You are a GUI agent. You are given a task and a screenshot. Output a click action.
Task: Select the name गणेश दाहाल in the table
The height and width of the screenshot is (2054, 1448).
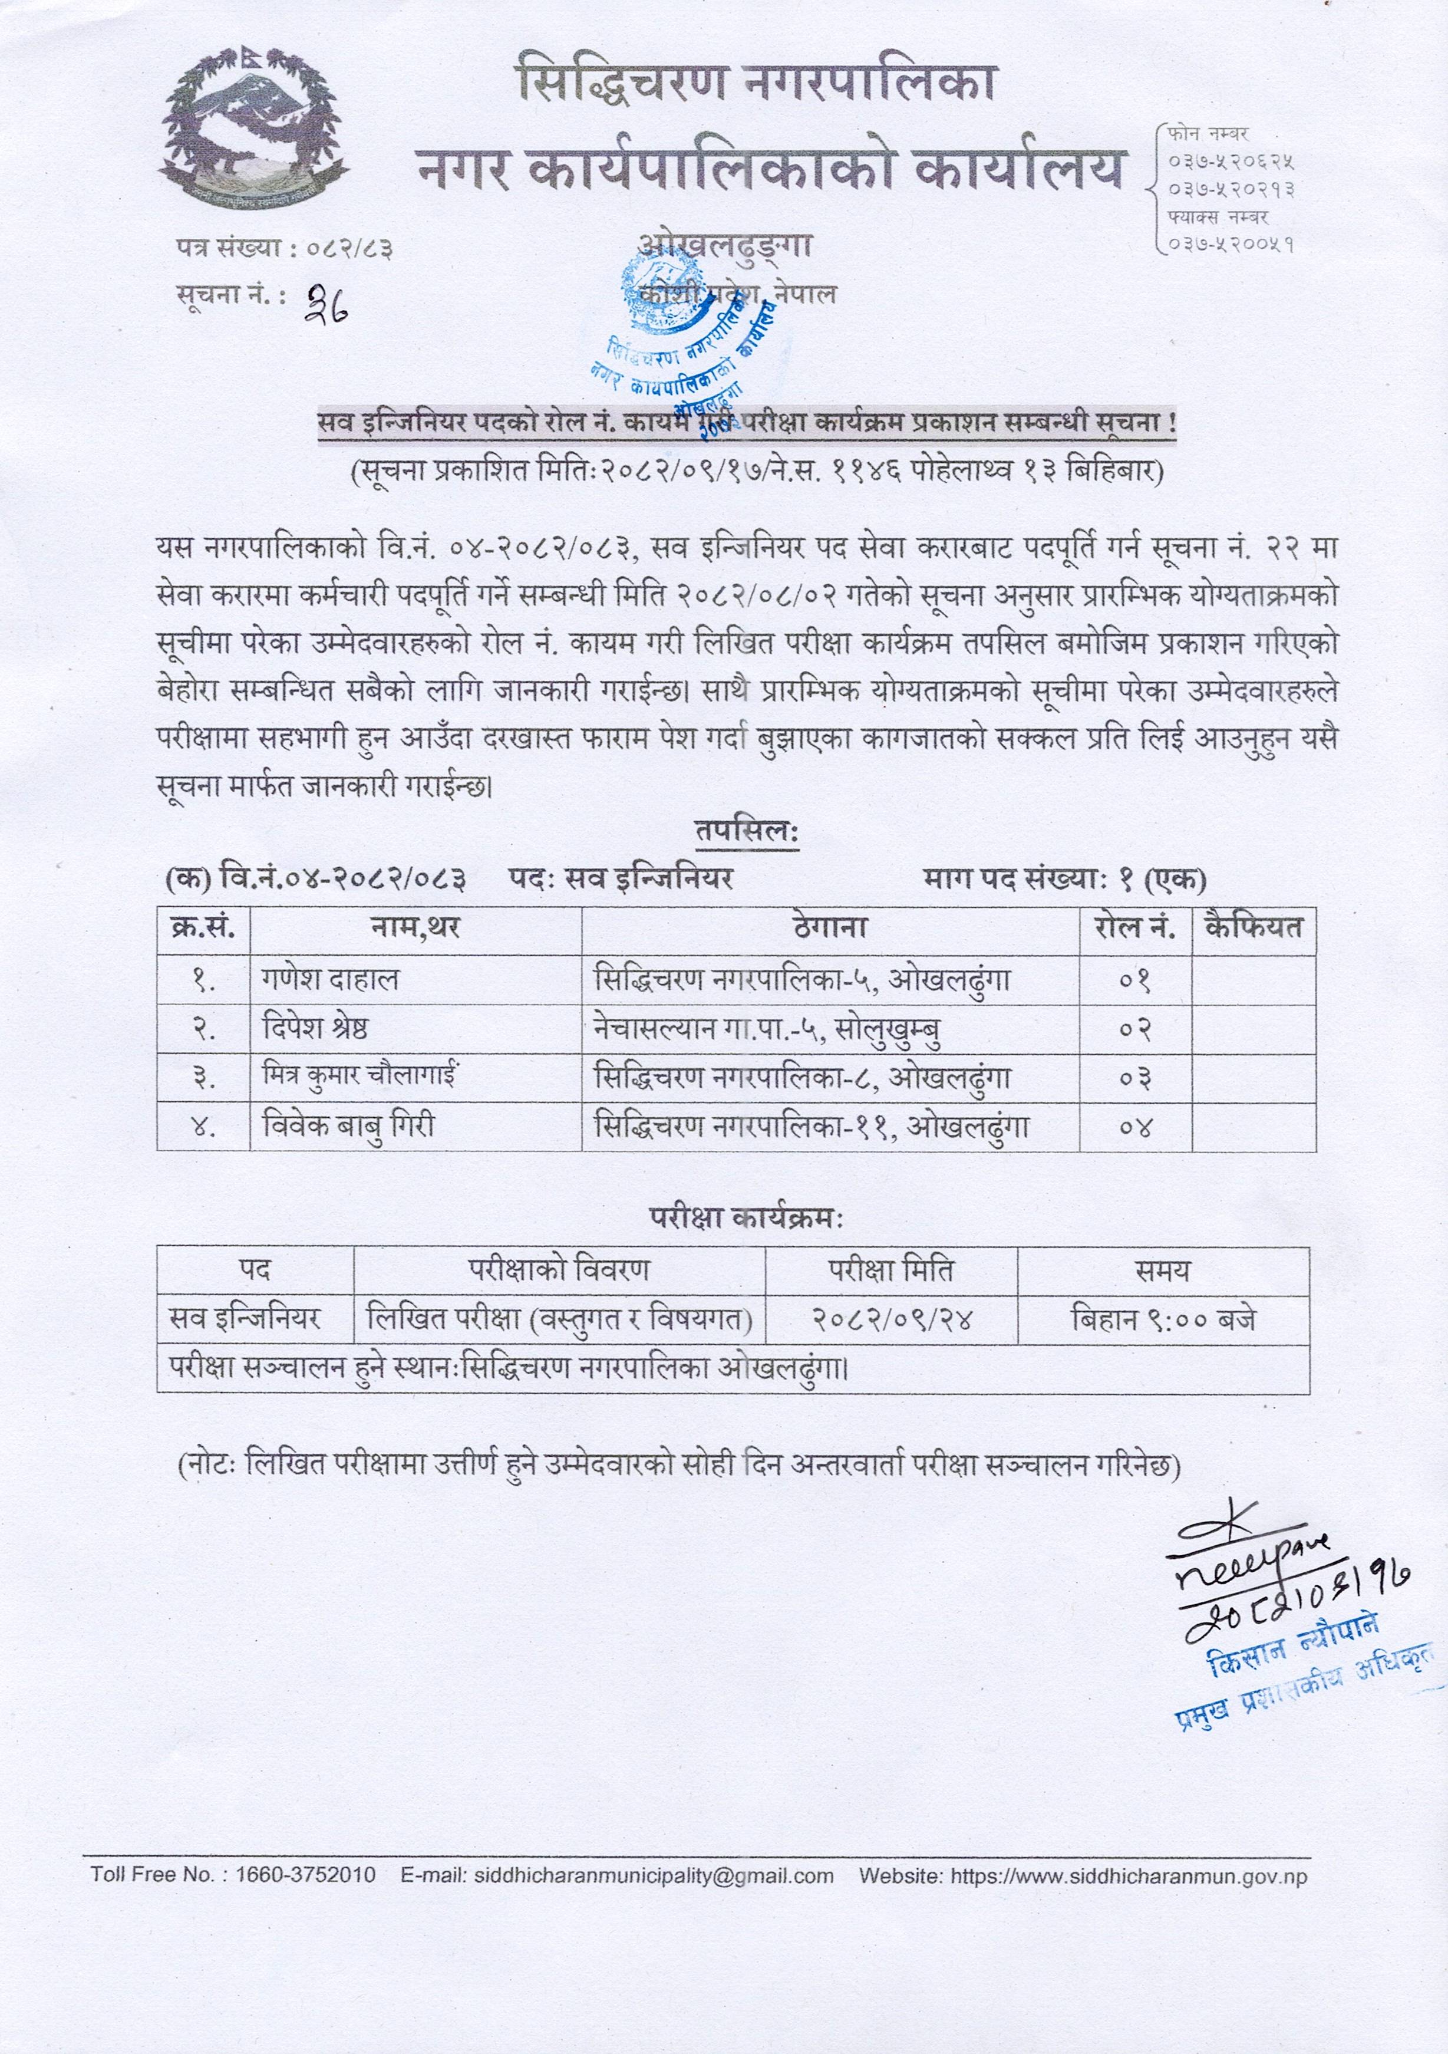point(330,980)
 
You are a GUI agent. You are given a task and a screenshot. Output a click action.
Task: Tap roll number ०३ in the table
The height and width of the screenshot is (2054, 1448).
point(1135,1077)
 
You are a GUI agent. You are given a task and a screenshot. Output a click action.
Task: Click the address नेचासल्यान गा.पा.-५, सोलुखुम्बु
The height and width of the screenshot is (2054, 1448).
point(767,1029)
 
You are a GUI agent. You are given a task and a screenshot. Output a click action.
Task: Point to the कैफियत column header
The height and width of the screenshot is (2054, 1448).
point(1253,926)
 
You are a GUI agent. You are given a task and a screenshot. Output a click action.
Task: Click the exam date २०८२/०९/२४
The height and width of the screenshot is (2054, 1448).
point(891,1319)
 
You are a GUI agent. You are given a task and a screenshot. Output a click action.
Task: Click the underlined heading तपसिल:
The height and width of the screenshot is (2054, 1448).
point(747,832)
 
